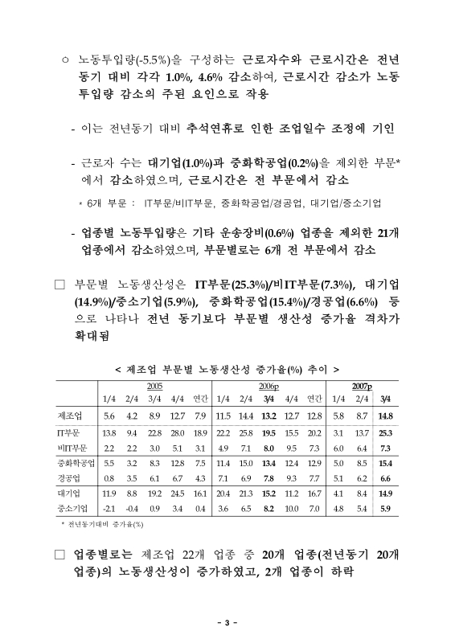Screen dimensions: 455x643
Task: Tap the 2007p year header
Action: (x=371, y=387)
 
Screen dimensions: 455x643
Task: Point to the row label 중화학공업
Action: (x=76, y=464)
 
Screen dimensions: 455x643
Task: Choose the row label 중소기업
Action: (x=74, y=508)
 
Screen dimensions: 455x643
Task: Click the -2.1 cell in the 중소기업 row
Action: (x=110, y=508)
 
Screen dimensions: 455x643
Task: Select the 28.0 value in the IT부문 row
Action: (x=178, y=433)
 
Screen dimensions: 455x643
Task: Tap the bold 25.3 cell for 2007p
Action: (x=384, y=433)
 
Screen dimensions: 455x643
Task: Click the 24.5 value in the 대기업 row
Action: (x=178, y=494)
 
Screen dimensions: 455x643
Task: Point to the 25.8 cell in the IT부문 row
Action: (x=246, y=433)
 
